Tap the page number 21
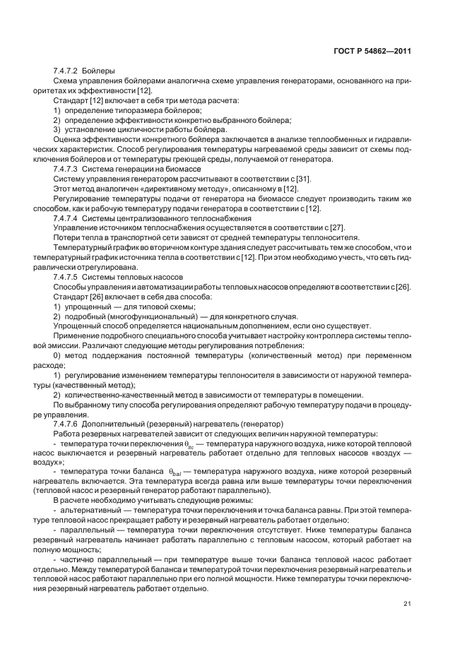(407, 602)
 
